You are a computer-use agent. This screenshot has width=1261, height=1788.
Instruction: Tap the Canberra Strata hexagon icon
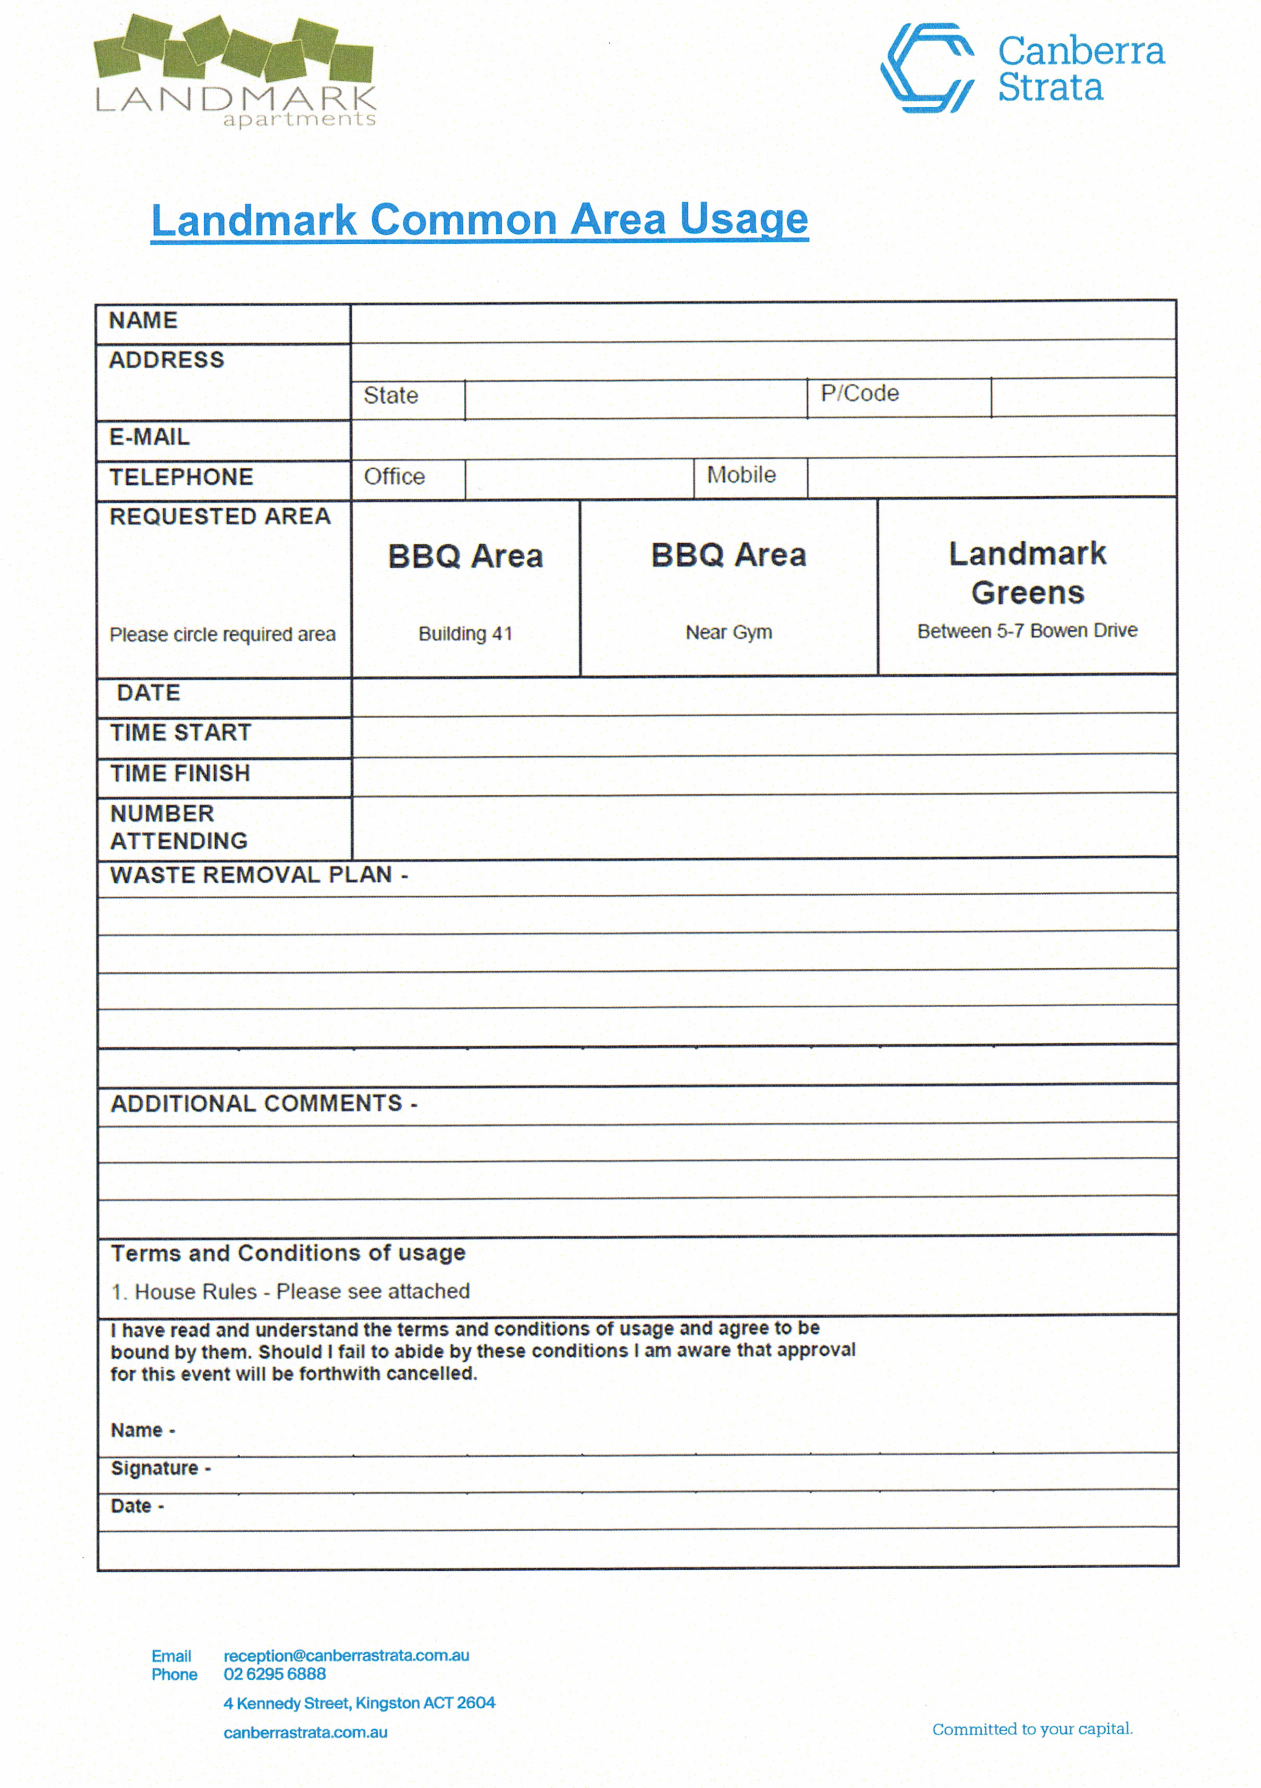click(927, 68)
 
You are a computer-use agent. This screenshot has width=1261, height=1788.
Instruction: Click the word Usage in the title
click(743, 220)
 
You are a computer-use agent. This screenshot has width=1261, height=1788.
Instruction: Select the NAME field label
click(143, 321)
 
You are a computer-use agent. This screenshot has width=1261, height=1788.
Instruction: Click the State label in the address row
click(391, 396)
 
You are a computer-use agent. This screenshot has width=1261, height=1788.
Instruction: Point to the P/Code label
click(859, 393)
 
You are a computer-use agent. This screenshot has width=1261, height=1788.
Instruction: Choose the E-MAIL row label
click(150, 437)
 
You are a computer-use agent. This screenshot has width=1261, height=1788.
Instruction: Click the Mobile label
click(741, 475)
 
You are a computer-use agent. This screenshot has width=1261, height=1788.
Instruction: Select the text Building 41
click(465, 634)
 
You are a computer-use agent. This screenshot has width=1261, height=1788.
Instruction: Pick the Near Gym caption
click(728, 632)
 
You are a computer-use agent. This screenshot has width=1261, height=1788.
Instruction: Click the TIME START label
click(181, 733)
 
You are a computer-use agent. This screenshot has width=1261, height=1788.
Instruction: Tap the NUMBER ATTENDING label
click(178, 827)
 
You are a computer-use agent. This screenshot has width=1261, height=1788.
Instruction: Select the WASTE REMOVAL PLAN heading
click(258, 876)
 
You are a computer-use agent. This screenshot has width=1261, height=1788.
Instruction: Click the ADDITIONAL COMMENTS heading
click(263, 1104)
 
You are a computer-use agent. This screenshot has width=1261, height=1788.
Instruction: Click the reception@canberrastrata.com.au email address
click(346, 1656)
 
